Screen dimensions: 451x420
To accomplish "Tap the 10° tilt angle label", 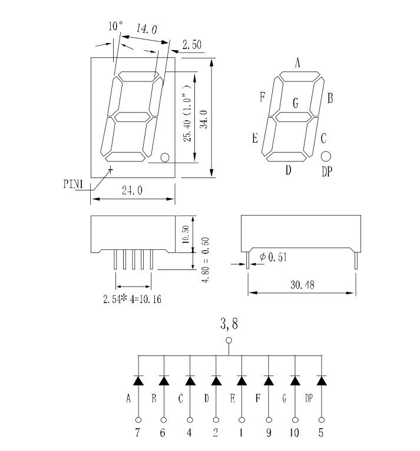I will (115, 27).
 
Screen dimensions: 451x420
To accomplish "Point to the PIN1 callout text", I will (75, 183).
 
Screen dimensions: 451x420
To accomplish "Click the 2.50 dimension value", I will (192, 45).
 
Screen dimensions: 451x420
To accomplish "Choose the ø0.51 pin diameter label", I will (273, 257).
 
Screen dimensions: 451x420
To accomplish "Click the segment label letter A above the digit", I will (298, 63).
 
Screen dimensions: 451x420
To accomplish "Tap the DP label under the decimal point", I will (328, 172).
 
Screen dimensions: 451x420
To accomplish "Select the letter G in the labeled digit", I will (296, 104).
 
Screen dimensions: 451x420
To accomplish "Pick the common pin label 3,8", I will (229, 323).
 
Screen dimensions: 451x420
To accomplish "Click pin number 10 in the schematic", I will (295, 433).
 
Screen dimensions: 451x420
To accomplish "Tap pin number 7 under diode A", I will (138, 433).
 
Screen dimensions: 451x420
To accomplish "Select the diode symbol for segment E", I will (242, 380).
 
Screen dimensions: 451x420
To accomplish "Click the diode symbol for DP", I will (321, 380).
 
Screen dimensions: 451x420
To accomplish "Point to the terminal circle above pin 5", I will (321, 420).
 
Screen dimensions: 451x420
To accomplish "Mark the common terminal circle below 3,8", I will (229, 340).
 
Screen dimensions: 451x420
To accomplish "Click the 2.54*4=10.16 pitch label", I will (133, 299).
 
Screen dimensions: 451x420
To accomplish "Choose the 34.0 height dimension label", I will (204, 118).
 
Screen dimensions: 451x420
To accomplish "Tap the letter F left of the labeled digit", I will (262, 98).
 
